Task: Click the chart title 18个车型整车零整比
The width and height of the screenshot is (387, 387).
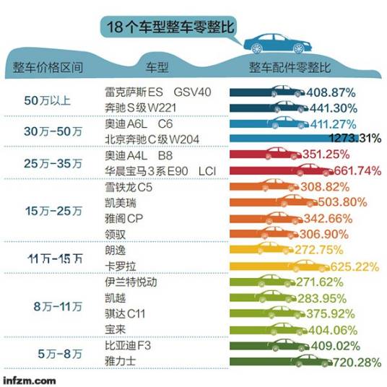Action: [170, 28]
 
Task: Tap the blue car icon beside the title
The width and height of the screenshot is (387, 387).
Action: [275, 42]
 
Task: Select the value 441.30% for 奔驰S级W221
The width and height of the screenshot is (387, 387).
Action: [332, 108]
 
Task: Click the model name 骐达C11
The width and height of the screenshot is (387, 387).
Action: [126, 312]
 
